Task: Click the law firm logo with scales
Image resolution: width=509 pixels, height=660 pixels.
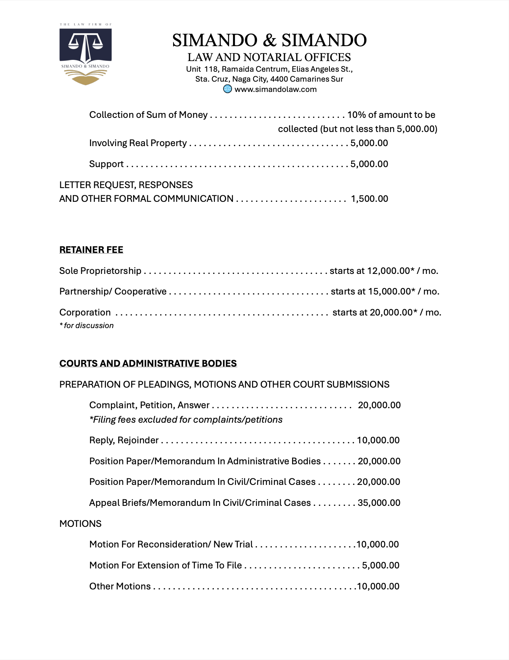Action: pos(85,53)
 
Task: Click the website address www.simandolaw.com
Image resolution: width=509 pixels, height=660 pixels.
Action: pos(275,89)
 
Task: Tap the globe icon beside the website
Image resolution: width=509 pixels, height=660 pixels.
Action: pos(227,89)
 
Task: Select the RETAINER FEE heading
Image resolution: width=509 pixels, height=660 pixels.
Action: pos(91,250)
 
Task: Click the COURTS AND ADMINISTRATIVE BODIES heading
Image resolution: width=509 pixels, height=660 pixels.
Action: pos(148,363)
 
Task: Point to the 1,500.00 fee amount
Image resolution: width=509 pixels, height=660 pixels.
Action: pos(369,199)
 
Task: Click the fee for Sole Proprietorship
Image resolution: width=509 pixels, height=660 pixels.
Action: pos(384,271)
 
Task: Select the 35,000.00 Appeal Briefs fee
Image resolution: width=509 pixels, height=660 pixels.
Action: pos(379,503)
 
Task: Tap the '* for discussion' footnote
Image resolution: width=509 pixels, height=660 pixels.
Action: pos(87,325)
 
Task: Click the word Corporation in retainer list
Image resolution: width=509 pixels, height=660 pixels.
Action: pos(85,312)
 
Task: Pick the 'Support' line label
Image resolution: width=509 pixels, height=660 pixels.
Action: pos(106,164)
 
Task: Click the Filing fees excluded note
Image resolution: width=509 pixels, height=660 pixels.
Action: pos(186,420)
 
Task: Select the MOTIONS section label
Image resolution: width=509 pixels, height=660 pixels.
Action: pos(80,524)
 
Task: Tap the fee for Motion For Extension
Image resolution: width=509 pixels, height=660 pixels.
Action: pos(381,565)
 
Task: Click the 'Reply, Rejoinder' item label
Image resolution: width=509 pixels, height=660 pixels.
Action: pos(124,440)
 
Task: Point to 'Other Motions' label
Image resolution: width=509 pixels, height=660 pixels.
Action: pos(120,586)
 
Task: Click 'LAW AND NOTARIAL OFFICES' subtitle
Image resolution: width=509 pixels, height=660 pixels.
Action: pos(269,57)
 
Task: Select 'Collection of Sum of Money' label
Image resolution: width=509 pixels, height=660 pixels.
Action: pos(148,115)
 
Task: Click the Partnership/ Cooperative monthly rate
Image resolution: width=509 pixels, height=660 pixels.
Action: pos(385,291)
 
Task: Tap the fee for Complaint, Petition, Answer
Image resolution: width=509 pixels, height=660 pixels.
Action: pos(379,405)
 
